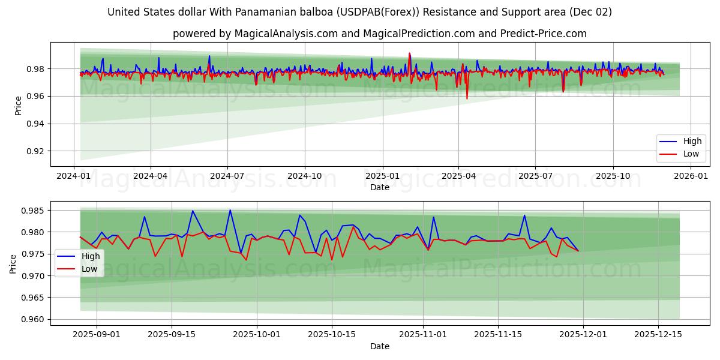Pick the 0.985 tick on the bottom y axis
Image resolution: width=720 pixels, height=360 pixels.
click(32, 211)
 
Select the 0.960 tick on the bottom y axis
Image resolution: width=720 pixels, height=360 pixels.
click(32, 319)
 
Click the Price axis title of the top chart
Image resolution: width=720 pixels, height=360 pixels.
click(18, 106)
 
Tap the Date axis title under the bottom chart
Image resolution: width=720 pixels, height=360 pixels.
click(379, 346)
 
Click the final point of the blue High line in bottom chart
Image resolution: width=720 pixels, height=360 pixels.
click(578, 251)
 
